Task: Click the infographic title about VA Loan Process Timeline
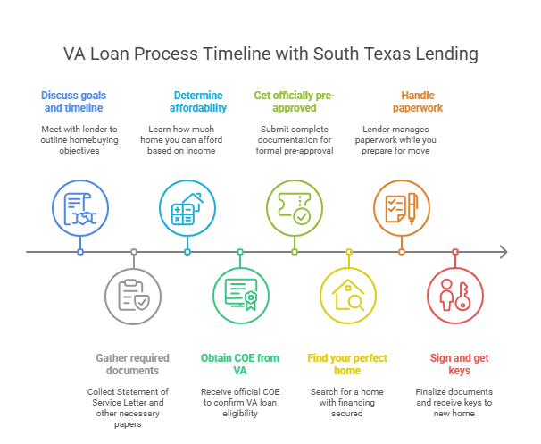tap(270, 54)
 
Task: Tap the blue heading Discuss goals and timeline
tap(72, 101)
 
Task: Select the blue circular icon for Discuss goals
tap(79, 208)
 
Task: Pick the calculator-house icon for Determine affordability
tap(187, 208)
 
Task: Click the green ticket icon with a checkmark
tap(294, 208)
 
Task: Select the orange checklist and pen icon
tap(401, 208)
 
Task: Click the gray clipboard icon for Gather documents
tap(133, 296)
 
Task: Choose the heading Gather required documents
tap(133, 364)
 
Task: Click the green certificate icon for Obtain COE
tap(240, 296)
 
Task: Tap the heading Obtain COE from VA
tap(240, 364)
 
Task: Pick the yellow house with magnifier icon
tap(347, 296)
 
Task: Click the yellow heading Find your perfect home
tap(347, 364)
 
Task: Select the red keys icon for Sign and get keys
tap(454, 296)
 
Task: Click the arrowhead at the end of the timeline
tap(504, 252)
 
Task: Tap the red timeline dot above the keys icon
tap(454, 252)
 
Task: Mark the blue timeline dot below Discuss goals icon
tap(79, 252)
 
